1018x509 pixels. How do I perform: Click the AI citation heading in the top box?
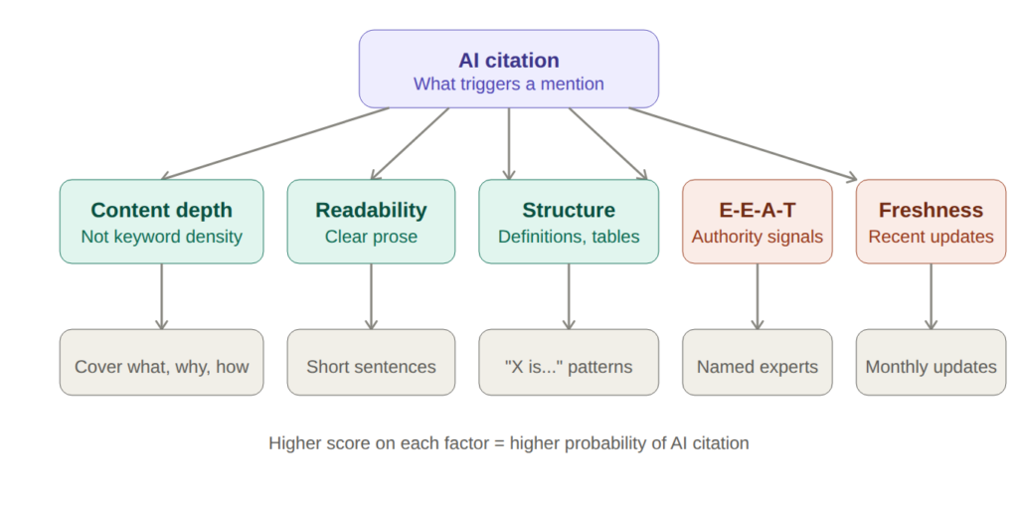508,60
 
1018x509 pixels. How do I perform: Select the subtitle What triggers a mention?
508,84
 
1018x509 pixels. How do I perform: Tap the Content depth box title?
161,210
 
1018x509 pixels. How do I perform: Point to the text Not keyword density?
161,237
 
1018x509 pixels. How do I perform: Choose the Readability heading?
371,210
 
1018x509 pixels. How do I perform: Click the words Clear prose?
371,237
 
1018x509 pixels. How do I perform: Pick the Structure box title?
569,210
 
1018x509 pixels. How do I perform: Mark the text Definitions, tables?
569,237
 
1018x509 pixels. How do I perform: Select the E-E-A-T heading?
758,210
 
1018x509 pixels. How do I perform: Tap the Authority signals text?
758,237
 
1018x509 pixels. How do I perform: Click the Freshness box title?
931,210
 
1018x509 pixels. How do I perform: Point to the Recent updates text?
931,237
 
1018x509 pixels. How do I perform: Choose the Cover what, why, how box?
161,366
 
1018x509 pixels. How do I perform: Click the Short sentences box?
371,366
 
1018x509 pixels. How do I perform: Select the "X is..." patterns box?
569,366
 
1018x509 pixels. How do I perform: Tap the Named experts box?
758,366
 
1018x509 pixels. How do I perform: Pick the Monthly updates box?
931,366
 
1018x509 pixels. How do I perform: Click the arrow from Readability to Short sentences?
371,296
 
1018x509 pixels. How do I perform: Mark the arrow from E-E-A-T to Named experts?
758,296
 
